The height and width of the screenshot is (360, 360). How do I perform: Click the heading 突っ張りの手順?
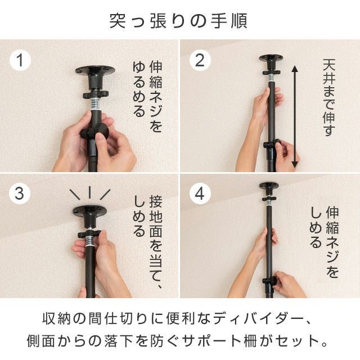[x=178, y=21]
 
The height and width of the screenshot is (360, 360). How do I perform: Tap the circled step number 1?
[x=20, y=60]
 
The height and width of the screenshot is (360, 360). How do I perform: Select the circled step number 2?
[x=200, y=60]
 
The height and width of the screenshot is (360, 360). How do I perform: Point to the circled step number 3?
[x=20, y=193]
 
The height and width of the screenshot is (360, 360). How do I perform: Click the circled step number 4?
[x=200, y=193]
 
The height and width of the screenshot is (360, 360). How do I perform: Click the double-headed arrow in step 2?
[x=295, y=116]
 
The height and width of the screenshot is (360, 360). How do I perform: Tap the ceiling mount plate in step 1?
[x=95, y=70]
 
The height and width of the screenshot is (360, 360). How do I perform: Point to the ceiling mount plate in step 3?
[x=89, y=210]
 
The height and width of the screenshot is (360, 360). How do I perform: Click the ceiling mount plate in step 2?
[x=271, y=57]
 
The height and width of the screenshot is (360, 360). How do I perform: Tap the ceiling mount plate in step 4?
[x=269, y=185]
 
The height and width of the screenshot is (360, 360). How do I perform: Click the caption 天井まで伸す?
[x=329, y=97]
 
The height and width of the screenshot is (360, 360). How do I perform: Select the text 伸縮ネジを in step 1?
[x=156, y=96]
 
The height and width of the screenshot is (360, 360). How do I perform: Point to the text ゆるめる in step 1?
[x=139, y=89]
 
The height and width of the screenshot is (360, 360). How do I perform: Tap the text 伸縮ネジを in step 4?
[x=332, y=242]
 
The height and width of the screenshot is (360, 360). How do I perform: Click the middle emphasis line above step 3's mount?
[x=89, y=192]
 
